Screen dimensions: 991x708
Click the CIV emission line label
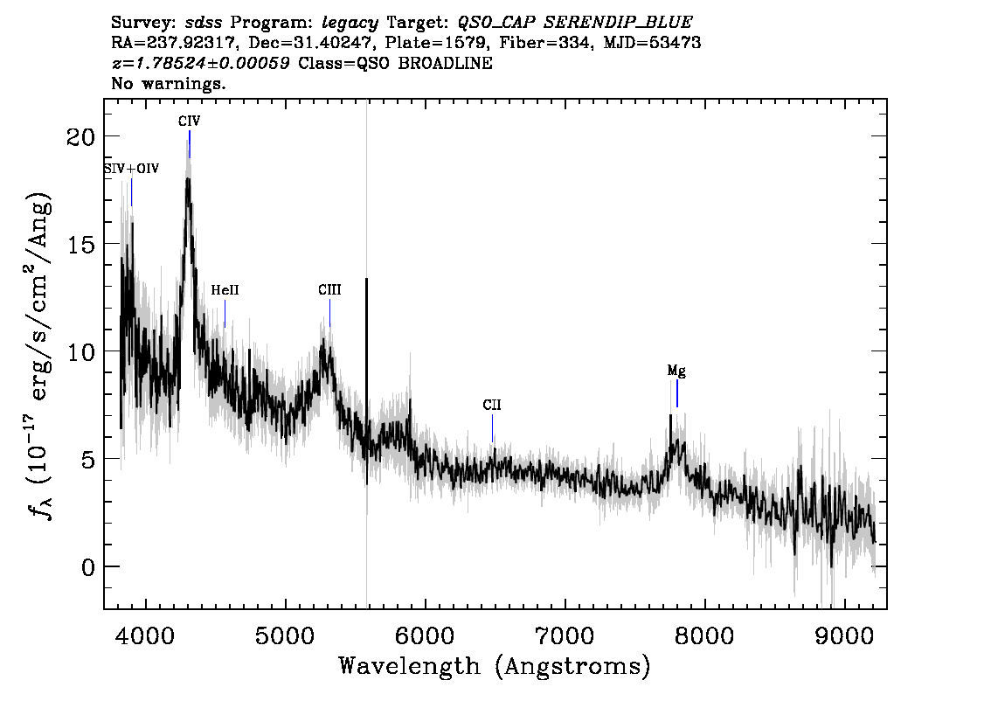point(189,121)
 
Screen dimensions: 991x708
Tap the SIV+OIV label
point(131,169)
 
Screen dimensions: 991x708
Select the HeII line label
point(225,290)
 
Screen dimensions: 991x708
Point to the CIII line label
point(330,289)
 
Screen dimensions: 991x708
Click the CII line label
point(492,405)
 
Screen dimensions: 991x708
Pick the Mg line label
point(676,371)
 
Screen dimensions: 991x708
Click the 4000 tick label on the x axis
point(146,635)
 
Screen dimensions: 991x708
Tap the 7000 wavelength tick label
point(565,635)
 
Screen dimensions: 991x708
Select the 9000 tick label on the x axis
point(843,635)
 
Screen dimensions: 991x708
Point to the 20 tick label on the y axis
point(81,136)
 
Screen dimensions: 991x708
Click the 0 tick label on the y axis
point(88,567)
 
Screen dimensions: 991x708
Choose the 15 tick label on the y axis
point(81,244)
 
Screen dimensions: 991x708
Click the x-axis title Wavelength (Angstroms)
point(495,666)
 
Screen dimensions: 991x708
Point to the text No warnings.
point(168,83)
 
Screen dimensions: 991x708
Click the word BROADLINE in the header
point(445,63)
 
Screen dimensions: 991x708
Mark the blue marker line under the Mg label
point(677,393)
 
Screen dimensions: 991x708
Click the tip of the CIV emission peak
point(188,179)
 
